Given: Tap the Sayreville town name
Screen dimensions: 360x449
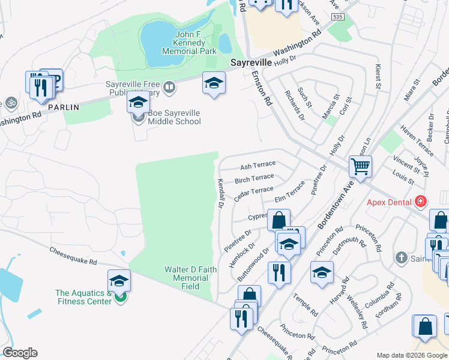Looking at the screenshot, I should (x=252, y=62).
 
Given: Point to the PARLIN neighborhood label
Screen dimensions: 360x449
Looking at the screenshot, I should (x=64, y=107).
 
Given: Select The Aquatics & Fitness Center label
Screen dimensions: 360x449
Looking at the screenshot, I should (x=83, y=297).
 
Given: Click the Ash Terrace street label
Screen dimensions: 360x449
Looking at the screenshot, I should (x=258, y=164).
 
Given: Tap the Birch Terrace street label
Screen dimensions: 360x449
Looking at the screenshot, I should (x=254, y=178).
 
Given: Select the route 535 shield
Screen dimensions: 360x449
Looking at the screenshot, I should (x=339, y=17).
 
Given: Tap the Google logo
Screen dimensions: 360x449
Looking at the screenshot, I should (x=20, y=353).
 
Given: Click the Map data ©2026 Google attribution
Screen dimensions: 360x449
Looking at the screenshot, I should (x=411, y=355).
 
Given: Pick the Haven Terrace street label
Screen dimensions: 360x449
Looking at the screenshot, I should (x=417, y=146).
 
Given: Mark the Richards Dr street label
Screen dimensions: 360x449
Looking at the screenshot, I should (x=295, y=105).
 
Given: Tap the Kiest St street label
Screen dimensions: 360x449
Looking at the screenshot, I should (x=378, y=77).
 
